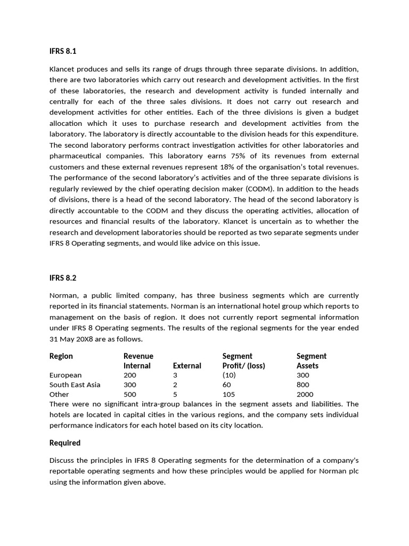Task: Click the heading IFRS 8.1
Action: click(63, 52)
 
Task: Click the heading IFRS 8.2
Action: click(63, 278)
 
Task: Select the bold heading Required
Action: click(65, 443)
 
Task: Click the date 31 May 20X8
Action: click(70, 339)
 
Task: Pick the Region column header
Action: click(61, 356)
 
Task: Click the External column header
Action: click(187, 366)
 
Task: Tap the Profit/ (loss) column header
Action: click(243, 366)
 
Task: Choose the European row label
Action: click(66, 375)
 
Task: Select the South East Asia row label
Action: click(75, 385)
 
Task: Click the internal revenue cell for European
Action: click(130, 375)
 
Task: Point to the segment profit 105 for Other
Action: click(228, 395)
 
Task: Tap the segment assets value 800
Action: click(302, 385)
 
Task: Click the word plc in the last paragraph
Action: click(353, 471)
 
